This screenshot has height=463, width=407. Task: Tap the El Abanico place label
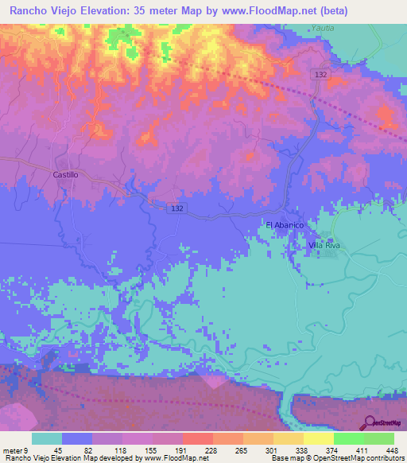pos(285,225)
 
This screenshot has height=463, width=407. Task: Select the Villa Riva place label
pos(324,246)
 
